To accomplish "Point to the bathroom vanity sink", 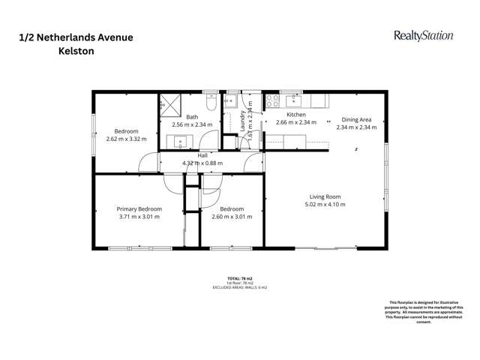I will point(181,140).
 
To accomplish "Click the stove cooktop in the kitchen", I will point(272,100).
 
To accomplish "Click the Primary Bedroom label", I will point(139,209).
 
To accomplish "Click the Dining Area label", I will point(356,119).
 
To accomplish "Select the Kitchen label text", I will point(295,115).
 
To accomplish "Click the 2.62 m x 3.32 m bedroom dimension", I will point(126,138).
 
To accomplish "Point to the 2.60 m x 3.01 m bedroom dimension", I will point(232,217).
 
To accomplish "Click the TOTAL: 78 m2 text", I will point(240,277).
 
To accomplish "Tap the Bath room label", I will point(193,117).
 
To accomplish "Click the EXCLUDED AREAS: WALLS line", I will point(240,287).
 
